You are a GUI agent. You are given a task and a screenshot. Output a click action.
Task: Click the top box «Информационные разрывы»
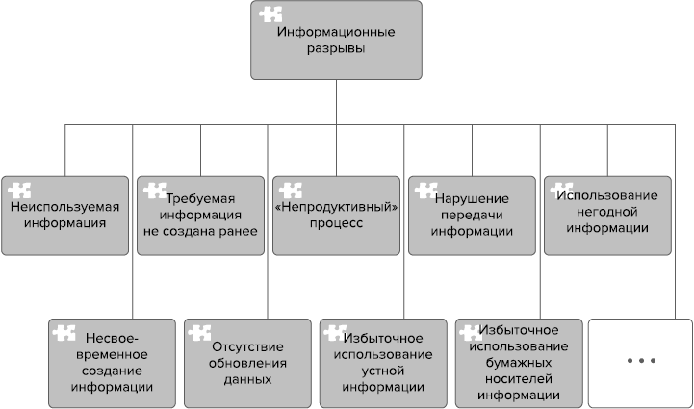pyautogui.click(x=336, y=40)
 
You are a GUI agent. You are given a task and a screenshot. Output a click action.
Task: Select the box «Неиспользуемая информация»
pyautogui.click(x=64, y=216)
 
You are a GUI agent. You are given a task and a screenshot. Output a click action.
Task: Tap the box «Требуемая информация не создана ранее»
pyautogui.click(x=200, y=216)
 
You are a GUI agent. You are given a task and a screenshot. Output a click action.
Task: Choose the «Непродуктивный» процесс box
pyautogui.click(x=336, y=216)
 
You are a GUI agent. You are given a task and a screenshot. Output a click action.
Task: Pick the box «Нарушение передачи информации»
pyautogui.click(x=472, y=216)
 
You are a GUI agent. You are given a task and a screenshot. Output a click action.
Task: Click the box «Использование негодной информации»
pyautogui.click(x=607, y=216)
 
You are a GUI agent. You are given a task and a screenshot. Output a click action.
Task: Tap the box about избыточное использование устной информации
pyautogui.click(x=382, y=363)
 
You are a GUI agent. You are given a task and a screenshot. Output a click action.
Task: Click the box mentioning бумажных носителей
pyautogui.click(x=518, y=363)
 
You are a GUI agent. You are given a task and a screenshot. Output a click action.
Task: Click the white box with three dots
pyautogui.click(x=640, y=363)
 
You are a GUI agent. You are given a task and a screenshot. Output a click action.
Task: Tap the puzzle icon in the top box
pyautogui.click(x=270, y=15)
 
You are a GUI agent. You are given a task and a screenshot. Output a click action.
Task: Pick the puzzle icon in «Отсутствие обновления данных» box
pyautogui.click(x=201, y=333)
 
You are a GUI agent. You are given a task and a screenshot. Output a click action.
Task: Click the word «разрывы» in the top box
pyautogui.click(x=336, y=49)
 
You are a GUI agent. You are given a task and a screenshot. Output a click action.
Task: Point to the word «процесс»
pyautogui.click(x=336, y=223)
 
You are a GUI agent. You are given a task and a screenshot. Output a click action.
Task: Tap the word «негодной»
pyautogui.click(x=606, y=212)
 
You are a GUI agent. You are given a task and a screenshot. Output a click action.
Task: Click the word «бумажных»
pyautogui.click(x=518, y=363)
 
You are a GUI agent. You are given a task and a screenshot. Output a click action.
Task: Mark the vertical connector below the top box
pyautogui.click(x=336, y=102)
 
